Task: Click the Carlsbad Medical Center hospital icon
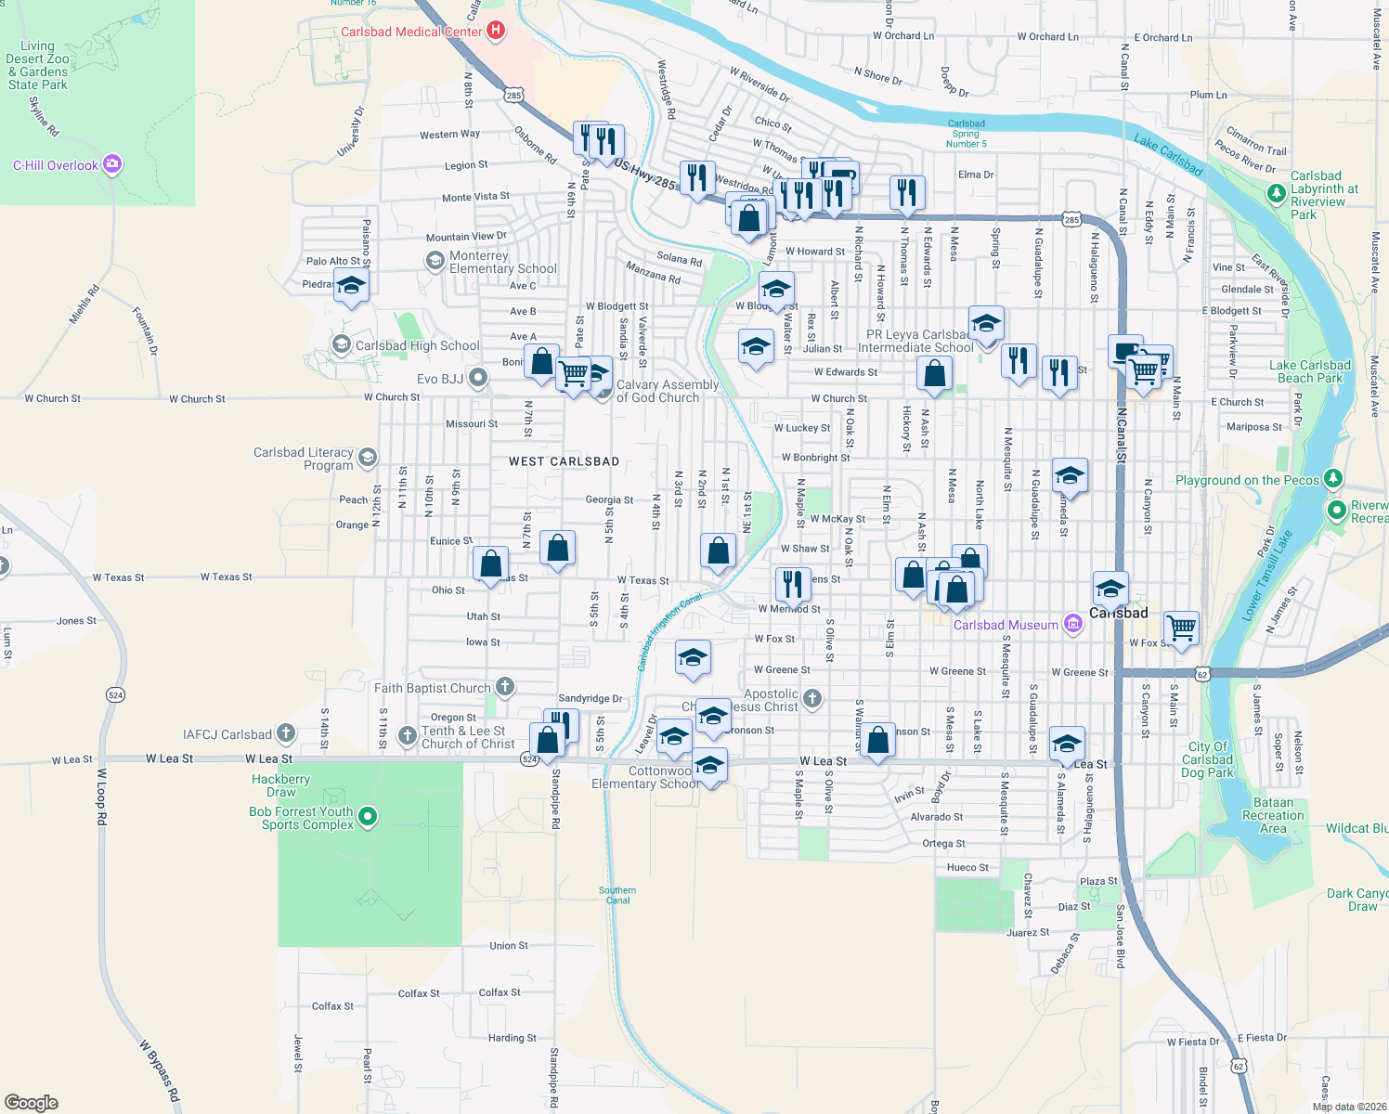point(496,31)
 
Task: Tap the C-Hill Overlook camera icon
point(112,164)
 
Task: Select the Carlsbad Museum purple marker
point(1073,624)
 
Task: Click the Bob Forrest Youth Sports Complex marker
point(368,817)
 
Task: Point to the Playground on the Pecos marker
point(1333,479)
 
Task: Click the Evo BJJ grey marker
point(478,378)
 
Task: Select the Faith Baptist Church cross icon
point(504,687)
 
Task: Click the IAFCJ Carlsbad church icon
point(286,733)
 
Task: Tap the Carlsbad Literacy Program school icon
point(368,457)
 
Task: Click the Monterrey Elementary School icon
point(435,261)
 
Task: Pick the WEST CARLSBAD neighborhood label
point(564,461)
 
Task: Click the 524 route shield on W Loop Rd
point(115,694)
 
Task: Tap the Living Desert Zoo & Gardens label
point(38,65)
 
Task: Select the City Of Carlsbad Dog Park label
point(1207,759)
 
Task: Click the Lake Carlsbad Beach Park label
point(1309,371)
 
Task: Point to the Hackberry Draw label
point(280,785)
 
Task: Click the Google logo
point(32,1103)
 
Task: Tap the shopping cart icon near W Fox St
point(1181,627)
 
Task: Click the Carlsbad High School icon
point(342,345)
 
